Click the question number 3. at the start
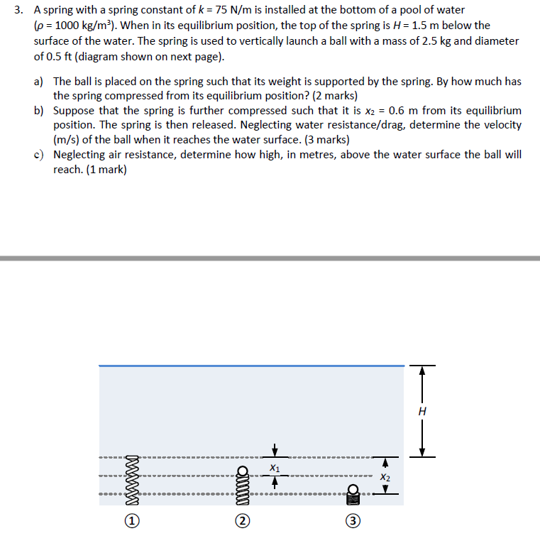[18, 10]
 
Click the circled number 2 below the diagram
[243, 522]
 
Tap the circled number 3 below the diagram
[353, 522]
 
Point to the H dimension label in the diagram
[423, 411]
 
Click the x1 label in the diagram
[275, 468]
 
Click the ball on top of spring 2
[243, 471]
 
